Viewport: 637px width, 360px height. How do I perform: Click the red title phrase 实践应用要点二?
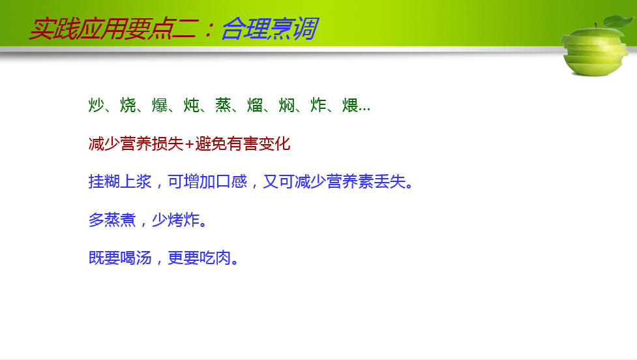click(x=113, y=29)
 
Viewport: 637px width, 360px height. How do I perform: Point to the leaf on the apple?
click(x=619, y=20)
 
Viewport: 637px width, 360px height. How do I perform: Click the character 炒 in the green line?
click(x=96, y=105)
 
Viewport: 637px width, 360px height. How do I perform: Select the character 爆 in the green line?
click(x=160, y=105)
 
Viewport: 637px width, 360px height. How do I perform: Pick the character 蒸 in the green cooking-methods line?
click(x=223, y=105)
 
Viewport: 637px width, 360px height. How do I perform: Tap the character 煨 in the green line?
click(x=349, y=105)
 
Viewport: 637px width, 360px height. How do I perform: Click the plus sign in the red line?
click(x=189, y=144)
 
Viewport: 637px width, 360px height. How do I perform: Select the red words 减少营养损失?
click(x=136, y=144)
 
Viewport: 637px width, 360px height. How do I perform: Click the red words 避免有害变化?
click(x=243, y=144)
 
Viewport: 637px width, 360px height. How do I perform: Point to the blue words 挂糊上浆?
click(x=120, y=181)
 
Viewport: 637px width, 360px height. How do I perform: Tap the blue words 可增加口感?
click(x=207, y=181)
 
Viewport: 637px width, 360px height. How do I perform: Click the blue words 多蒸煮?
click(x=112, y=220)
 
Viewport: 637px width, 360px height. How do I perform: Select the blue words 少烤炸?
click(x=175, y=220)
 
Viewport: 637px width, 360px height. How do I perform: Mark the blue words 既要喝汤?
click(x=120, y=258)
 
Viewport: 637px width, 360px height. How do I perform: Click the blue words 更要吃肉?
click(x=200, y=258)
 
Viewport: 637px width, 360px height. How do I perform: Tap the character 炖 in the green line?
click(x=191, y=105)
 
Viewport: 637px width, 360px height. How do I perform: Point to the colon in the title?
click(x=209, y=29)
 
